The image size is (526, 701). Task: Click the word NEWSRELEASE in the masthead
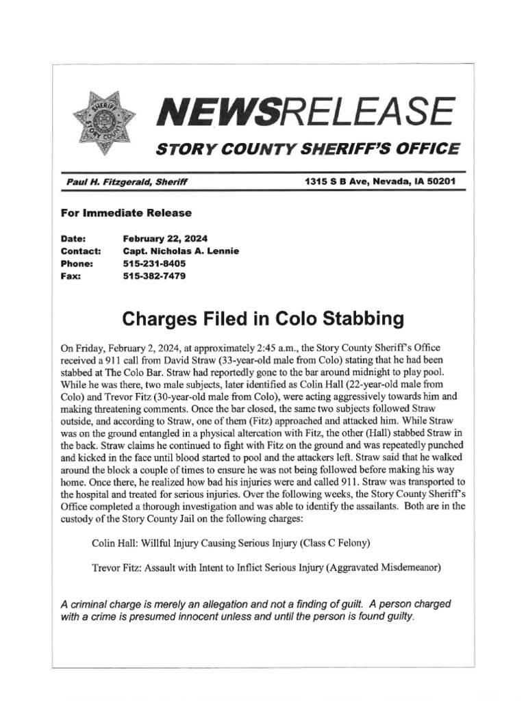pos(304,112)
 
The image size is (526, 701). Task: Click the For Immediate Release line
pos(126,213)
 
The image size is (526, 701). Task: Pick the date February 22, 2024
pos(165,239)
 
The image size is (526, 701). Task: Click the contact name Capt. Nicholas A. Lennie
pos(181,251)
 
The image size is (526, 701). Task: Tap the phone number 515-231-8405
pos(154,264)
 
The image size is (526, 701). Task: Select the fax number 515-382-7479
pos(154,276)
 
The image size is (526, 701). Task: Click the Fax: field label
pos(71,276)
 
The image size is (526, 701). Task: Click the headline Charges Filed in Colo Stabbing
pos(262,319)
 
